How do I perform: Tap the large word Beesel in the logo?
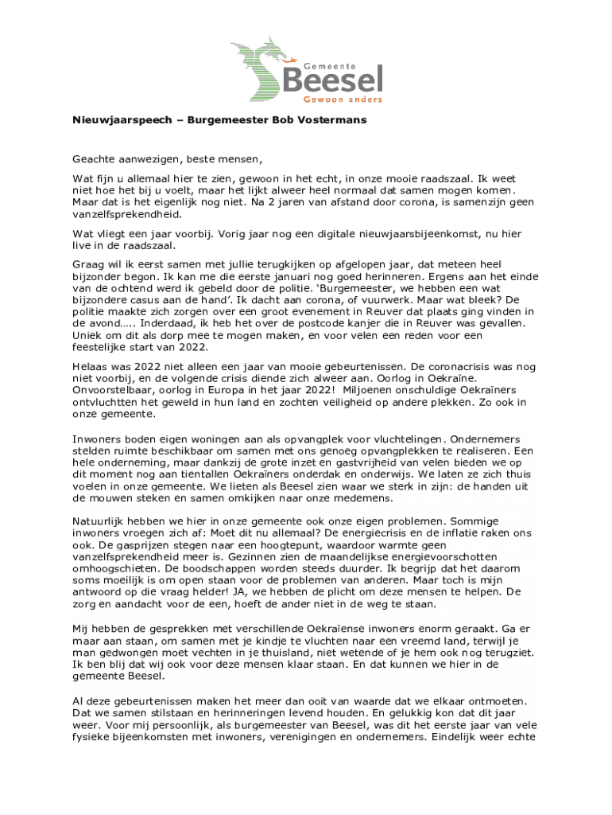[x=333, y=80]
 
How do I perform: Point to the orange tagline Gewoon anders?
[x=344, y=99]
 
